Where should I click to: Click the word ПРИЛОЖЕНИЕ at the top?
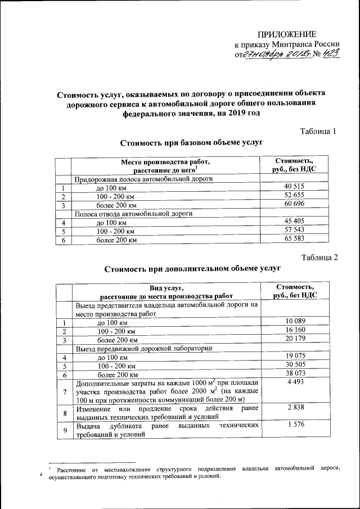(287, 34)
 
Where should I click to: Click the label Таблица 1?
(318, 132)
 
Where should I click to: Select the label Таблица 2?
(318, 258)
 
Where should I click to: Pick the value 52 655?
(295, 196)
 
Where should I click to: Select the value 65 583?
(295, 238)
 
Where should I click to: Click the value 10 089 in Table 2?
(295, 321)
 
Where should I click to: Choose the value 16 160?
(295, 330)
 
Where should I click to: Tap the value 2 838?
(295, 407)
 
